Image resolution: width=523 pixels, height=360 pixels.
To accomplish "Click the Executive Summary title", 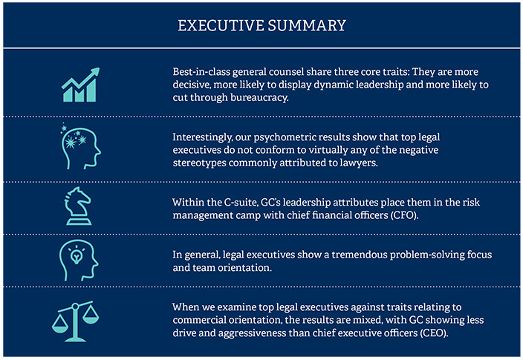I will click(x=261, y=25).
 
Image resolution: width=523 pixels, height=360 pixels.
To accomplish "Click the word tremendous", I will click(x=348, y=255).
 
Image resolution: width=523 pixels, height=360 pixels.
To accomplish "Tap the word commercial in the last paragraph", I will click(x=204, y=319).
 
